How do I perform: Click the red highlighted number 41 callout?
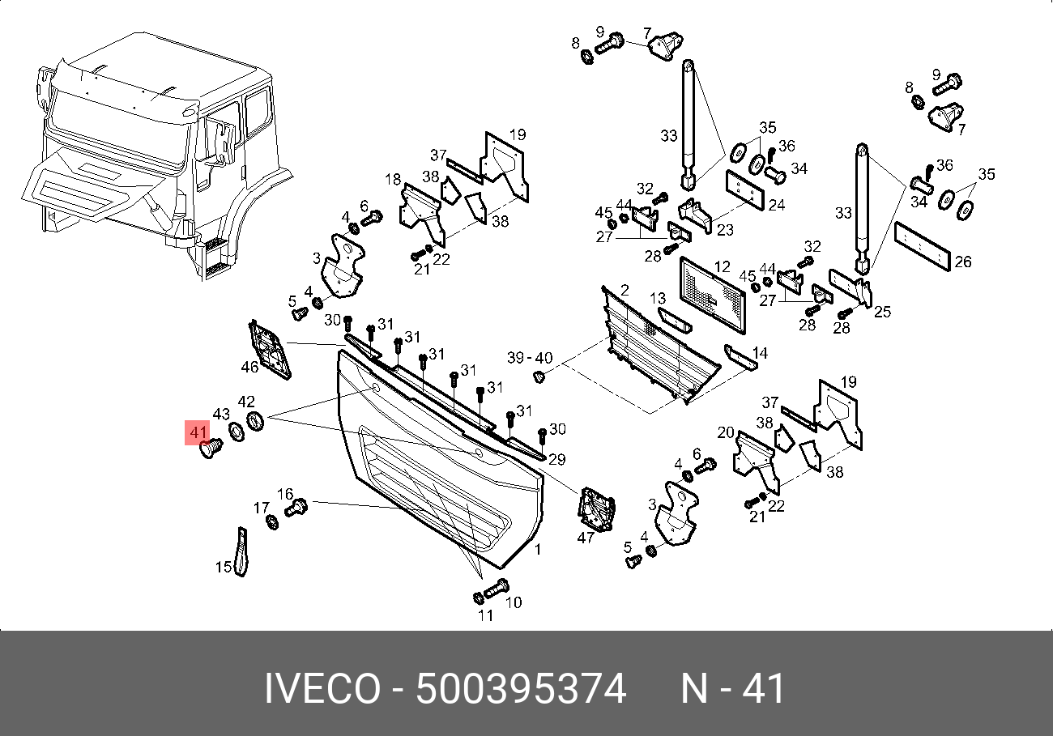[x=198, y=432]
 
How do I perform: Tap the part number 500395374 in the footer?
[x=521, y=690]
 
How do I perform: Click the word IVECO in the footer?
[x=322, y=690]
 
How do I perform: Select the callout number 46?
[x=249, y=368]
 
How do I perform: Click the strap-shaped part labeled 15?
[x=241, y=553]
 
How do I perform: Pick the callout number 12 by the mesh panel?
[x=723, y=266]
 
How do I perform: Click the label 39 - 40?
[x=530, y=358]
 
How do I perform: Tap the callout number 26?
[x=963, y=262]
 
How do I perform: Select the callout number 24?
[x=776, y=206]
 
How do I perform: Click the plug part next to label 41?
[x=211, y=449]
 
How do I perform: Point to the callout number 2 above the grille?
[x=625, y=290]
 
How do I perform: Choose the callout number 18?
[x=393, y=179]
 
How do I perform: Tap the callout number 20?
[x=725, y=432]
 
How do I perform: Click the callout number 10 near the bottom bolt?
[x=514, y=602]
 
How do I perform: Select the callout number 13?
[x=657, y=300]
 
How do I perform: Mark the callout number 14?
[x=760, y=354]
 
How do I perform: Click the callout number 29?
[x=557, y=460]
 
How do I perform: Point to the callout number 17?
[x=260, y=508]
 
